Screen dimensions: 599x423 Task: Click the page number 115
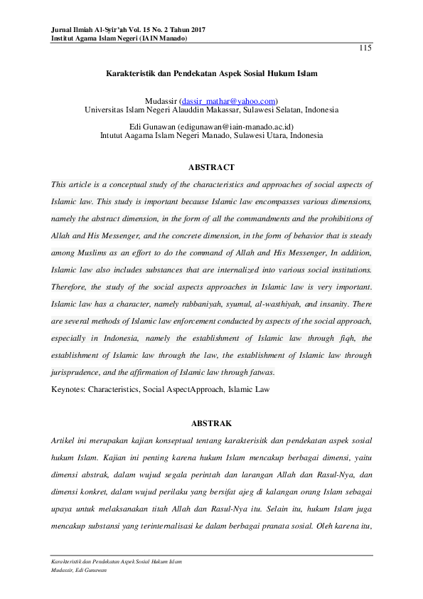click(x=365, y=48)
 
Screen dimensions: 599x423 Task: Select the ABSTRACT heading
click(x=211, y=167)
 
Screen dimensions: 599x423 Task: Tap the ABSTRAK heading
click(x=211, y=423)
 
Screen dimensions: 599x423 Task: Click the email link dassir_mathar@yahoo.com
click(x=228, y=101)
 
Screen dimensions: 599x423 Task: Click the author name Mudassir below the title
click(x=161, y=101)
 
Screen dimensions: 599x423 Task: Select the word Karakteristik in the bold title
click(x=130, y=73)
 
